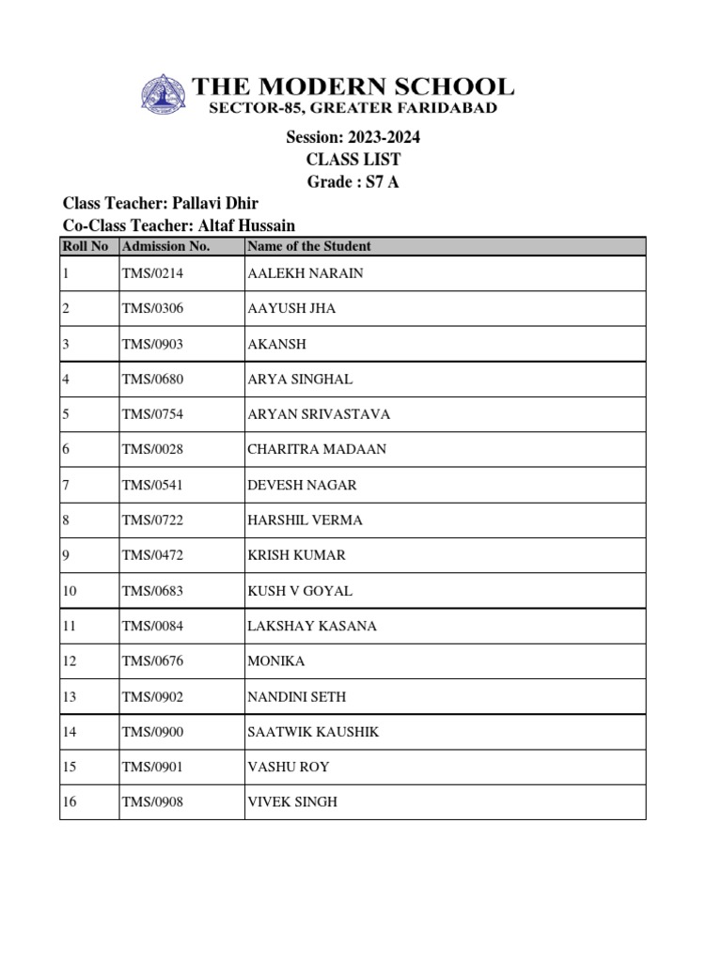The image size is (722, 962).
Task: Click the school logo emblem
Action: pos(164,95)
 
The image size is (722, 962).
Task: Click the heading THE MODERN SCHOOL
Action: pos(353,87)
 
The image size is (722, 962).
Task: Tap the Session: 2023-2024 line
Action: pos(353,137)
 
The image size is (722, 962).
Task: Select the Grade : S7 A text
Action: pos(353,181)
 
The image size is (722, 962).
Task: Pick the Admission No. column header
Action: pos(166,246)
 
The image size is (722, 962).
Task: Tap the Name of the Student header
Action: pos(308,246)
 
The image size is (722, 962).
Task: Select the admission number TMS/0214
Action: pos(152,273)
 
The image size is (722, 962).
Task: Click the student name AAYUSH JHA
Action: pos(291,308)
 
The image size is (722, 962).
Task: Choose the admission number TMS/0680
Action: pos(152,379)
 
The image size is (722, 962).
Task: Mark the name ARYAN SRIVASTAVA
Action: pos(319,414)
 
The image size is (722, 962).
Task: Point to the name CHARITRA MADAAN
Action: pos(317,449)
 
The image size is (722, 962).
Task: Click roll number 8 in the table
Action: pos(66,520)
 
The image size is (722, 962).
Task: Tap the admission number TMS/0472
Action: pos(152,555)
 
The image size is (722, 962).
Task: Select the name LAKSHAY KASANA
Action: pos(312,626)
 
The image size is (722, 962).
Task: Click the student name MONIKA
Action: pos(275,661)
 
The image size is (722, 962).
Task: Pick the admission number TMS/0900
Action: pos(152,732)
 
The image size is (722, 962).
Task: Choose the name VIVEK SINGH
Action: pos(292,802)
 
